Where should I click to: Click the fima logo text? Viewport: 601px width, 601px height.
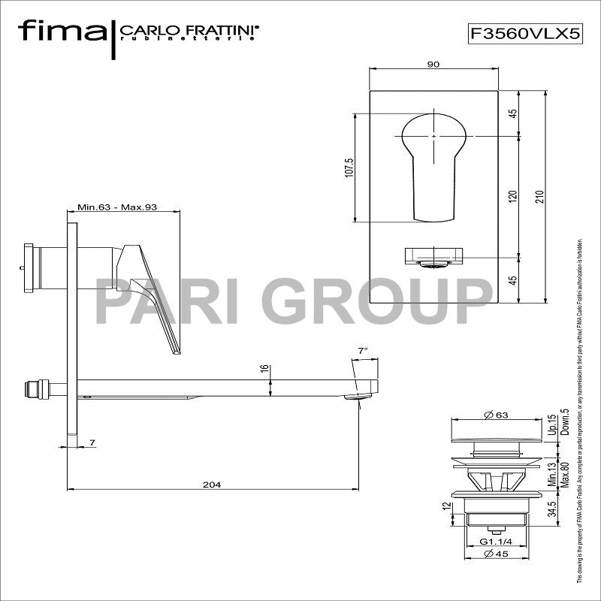coord(62,31)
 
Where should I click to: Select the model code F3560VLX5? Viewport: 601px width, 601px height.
coord(525,33)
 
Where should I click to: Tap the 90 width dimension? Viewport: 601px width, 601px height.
coord(433,65)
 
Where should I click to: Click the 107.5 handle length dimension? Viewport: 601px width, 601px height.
coord(348,168)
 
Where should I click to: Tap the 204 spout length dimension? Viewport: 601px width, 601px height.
coord(212,485)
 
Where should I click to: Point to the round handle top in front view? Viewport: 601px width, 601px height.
coord(433,135)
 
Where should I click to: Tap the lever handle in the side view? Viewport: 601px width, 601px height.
coord(154,293)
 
